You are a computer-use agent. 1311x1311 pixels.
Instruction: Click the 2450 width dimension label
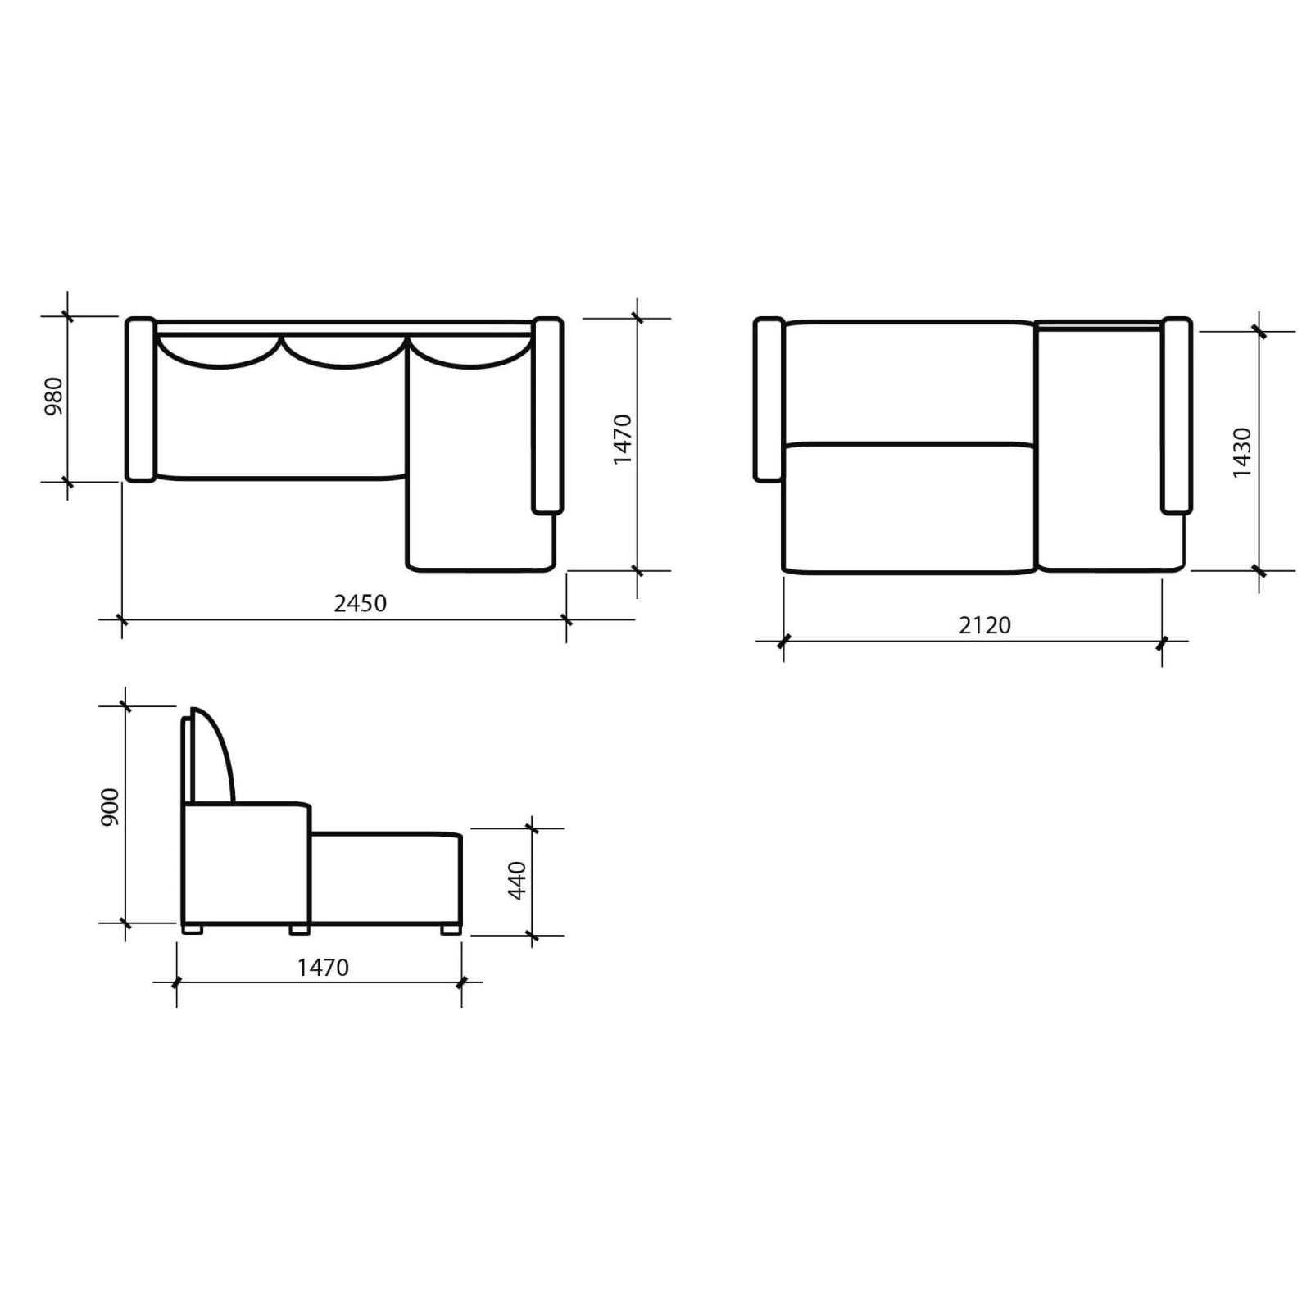click(360, 603)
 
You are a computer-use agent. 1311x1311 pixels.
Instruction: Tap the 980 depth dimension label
click(53, 396)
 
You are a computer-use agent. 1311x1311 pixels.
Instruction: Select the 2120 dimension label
click(985, 625)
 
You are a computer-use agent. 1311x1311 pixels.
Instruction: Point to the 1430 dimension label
click(1242, 452)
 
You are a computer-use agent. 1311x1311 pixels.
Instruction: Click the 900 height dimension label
click(110, 807)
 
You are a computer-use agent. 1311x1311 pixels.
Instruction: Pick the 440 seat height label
click(517, 881)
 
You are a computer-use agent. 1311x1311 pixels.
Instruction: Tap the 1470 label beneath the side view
click(323, 968)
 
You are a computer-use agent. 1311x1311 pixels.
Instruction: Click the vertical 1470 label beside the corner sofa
click(623, 440)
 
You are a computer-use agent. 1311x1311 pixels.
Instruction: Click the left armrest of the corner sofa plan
click(141, 399)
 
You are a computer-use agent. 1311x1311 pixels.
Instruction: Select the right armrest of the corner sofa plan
click(547, 415)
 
